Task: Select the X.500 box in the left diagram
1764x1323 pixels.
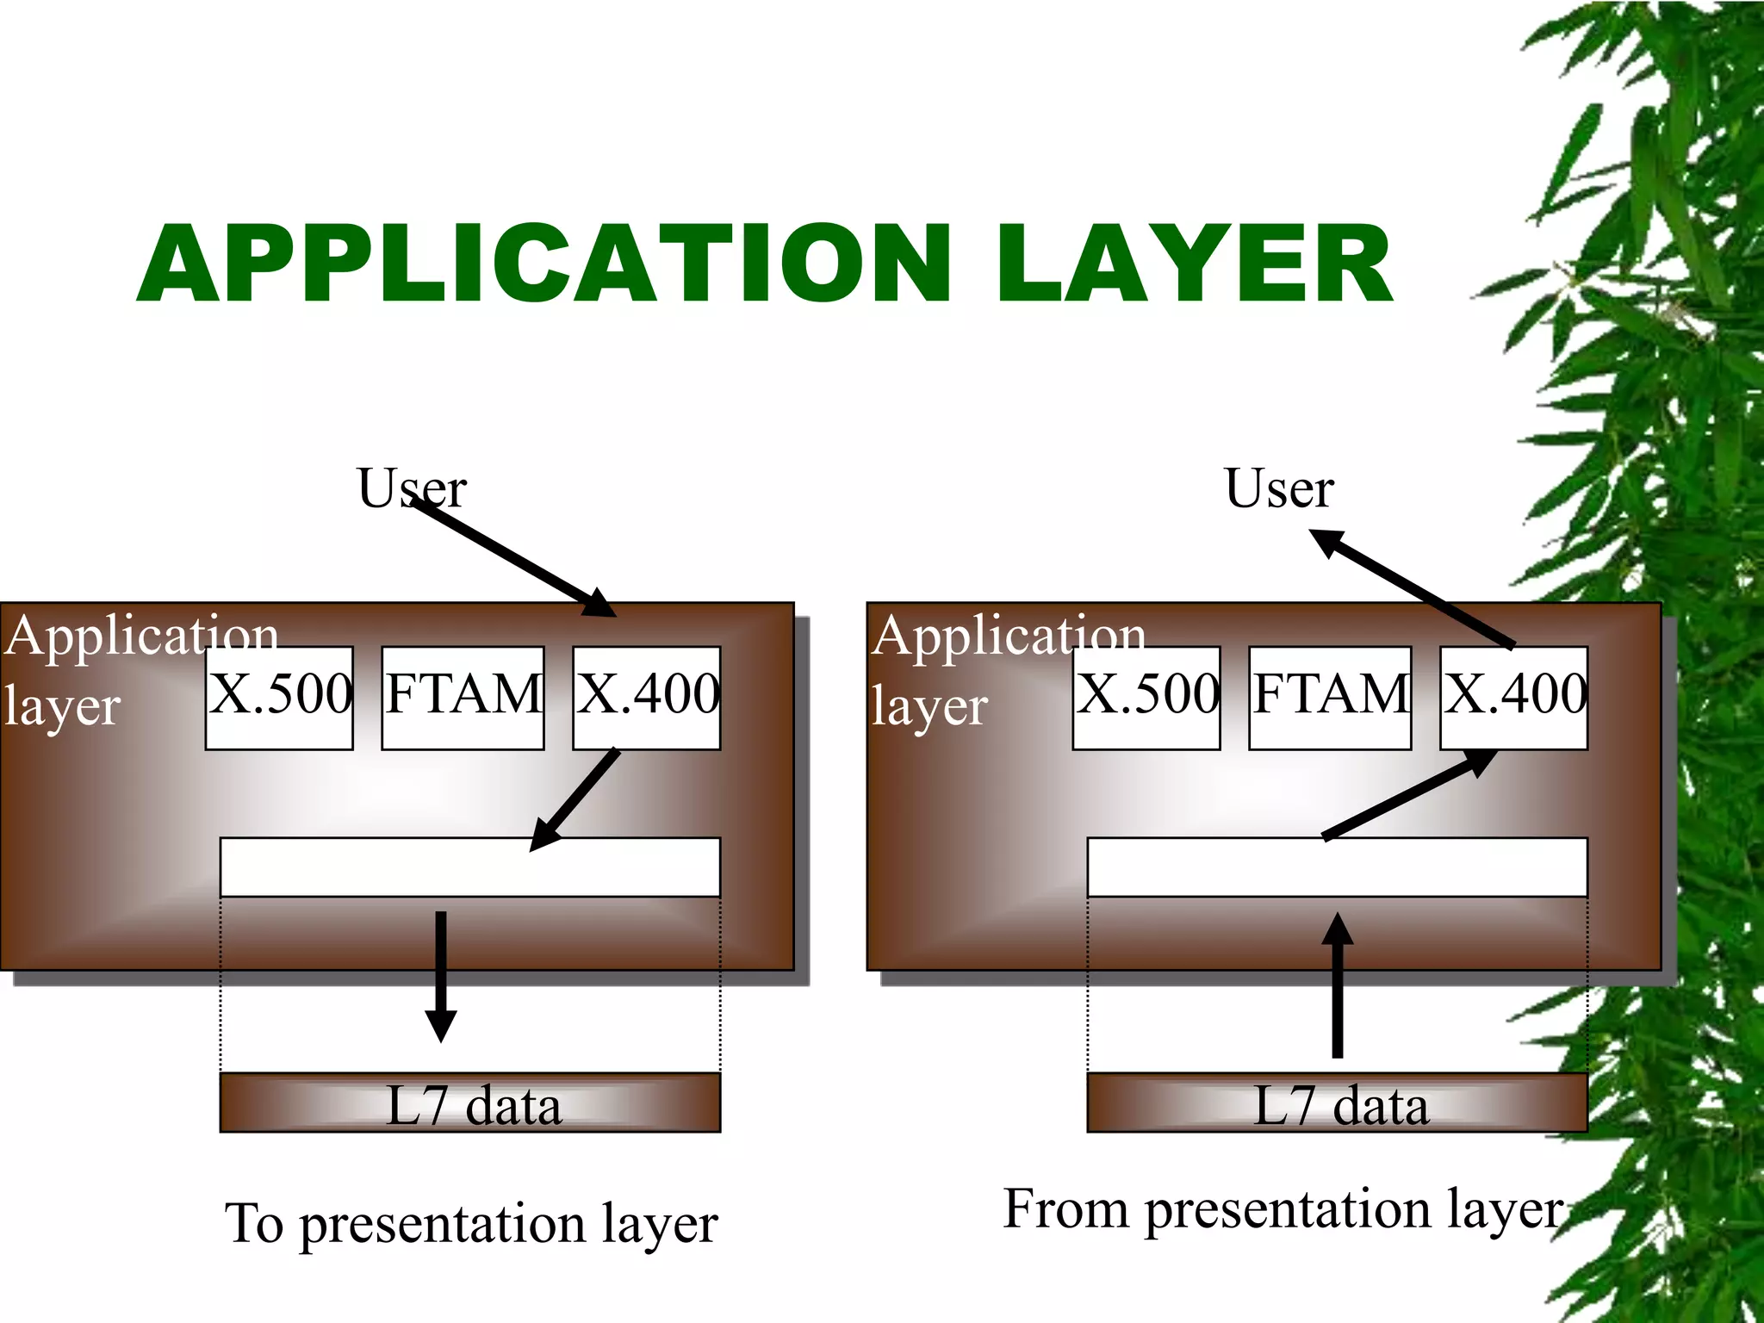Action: (x=279, y=698)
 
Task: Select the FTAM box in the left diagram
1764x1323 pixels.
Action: (x=463, y=698)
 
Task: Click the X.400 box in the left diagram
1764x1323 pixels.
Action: (x=646, y=698)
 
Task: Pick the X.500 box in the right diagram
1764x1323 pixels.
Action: (x=1146, y=698)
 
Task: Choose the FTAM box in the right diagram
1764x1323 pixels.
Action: (x=1330, y=698)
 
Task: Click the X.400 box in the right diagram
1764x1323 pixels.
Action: (x=1513, y=698)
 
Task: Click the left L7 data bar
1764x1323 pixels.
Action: (x=470, y=1102)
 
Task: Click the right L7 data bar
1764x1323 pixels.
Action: (x=1337, y=1102)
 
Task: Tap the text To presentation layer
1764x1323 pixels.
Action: (x=471, y=1223)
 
